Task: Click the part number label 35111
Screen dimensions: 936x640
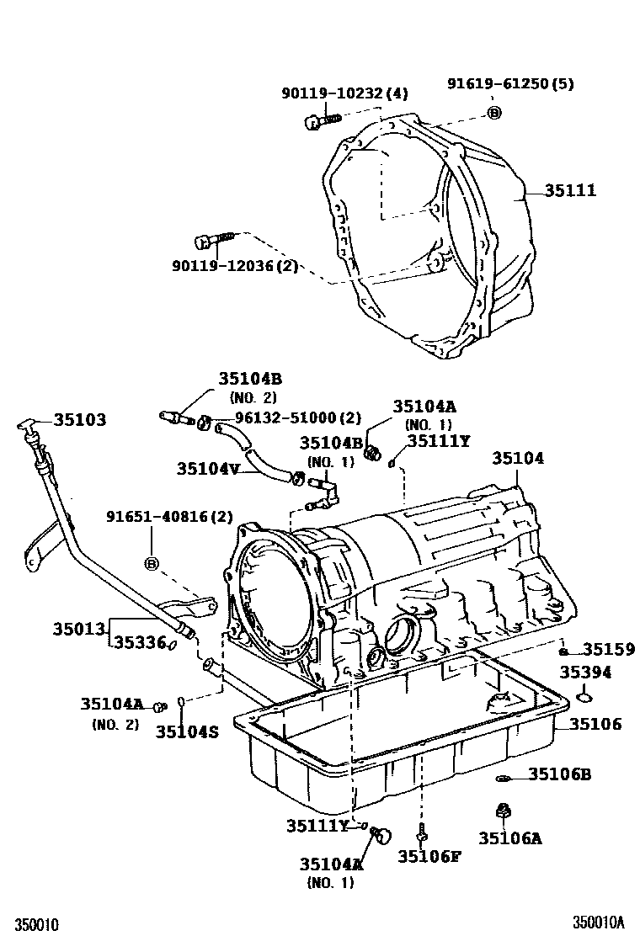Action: tap(569, 191)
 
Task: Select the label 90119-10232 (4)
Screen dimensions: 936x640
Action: tap(344, 94)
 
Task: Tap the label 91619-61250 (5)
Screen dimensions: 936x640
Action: tap(510, 84)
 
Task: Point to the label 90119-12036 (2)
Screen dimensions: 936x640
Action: tap(235, 266)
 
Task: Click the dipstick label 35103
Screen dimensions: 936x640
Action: tap(80, 419)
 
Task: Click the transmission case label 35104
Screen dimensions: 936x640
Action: tap(518, 458)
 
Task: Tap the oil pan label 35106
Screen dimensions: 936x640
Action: tap(595, 724)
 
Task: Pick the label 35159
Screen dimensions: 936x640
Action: tap(608, 650)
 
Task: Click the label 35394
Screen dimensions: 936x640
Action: tap(587, 673)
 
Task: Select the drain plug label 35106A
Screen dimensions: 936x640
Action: tap(509, 838)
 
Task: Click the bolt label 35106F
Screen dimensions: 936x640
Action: tap(429, 856)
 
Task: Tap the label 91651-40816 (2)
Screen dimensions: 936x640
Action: tap(169, 517)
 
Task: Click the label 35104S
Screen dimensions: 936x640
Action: tap(187, 731)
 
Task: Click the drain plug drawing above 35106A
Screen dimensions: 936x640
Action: tap(502, 810)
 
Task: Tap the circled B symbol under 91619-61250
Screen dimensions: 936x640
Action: tap(494, 113)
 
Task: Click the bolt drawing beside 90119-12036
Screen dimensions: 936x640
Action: tap(211, 241)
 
